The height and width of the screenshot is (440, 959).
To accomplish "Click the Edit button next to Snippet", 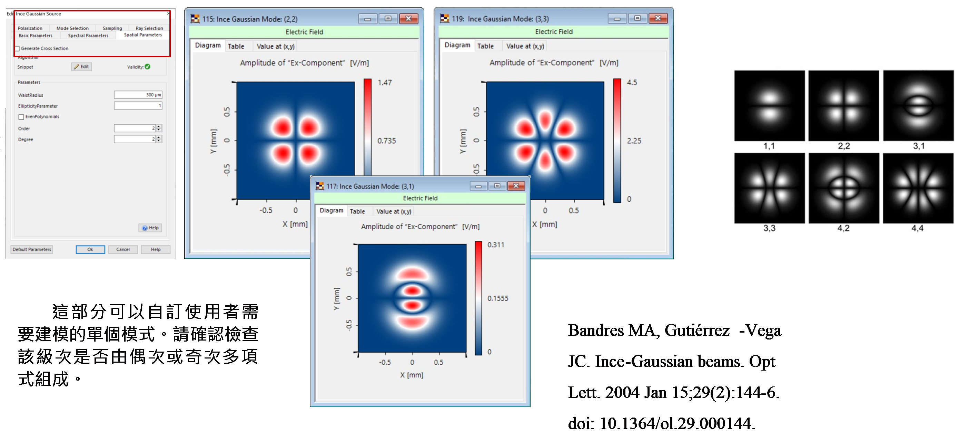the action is [x=81, y=67].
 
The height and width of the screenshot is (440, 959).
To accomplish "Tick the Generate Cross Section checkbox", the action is [x=17, y=48].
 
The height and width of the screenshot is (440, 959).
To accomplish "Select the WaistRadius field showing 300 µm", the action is [x=138, y=95].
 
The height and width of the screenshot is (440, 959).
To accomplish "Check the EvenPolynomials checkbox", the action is [x=21, y=117].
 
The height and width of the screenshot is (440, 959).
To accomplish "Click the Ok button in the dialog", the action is [x=90, y=250].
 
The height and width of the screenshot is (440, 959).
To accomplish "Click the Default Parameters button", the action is [x=32, y=250].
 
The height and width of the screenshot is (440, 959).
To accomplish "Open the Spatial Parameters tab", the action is [x=143, y=35].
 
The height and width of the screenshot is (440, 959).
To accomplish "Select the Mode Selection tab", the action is [x=72, y=28].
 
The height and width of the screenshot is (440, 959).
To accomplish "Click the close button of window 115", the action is [x=408, y=19].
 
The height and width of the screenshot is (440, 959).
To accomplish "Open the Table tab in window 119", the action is [x=485, y=46].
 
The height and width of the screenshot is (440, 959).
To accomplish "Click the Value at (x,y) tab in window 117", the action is [x=394, y=212].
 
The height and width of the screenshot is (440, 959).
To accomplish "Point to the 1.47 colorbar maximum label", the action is [x=385, y=83].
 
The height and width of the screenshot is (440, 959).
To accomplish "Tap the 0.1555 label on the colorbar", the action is [x=498, y=298].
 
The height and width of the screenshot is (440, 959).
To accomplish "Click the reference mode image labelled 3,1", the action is [x=918, y=106].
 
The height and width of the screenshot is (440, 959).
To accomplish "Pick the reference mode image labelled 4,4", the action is [x=918, y=188].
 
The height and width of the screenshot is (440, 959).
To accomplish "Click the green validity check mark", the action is [x=148, y=67].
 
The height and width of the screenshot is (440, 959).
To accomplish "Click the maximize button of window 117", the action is [x=497, y=185].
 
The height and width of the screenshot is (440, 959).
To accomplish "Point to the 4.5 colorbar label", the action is [x=632, y=83].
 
